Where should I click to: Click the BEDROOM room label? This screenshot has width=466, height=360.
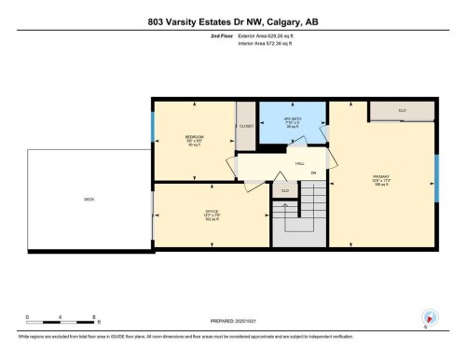(194, 139)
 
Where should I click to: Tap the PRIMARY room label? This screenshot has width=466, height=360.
(379, 175)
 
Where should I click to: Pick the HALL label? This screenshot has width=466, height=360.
(301, 162)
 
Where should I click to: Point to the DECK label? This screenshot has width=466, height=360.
(89, 199)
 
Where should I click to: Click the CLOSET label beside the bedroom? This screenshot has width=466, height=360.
(246, 126)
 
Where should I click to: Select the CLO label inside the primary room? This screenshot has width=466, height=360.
(402, 111)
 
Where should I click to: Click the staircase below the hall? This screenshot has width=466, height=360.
(300, 215)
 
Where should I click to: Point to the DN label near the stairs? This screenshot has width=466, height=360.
(313, 174)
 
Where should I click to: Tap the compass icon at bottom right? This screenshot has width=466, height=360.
(430, 317)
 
